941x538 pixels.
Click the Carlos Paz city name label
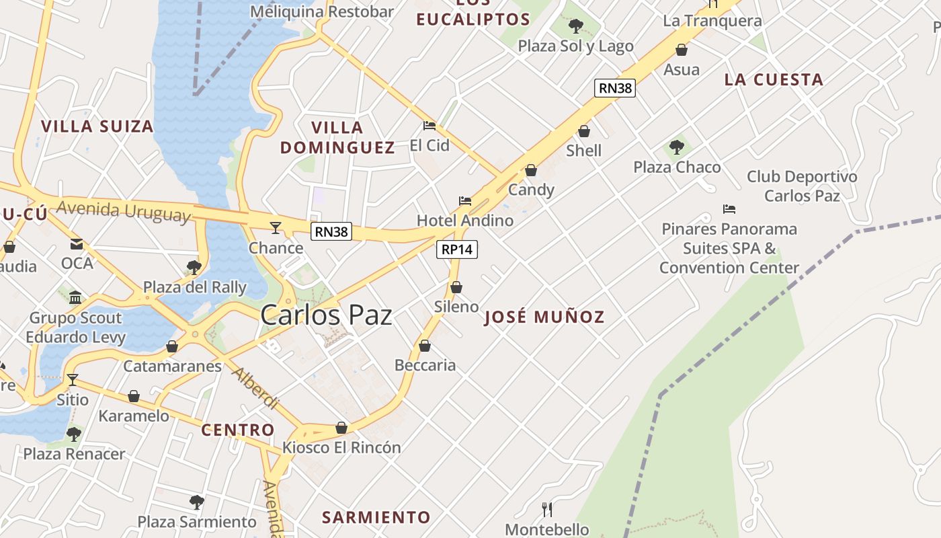point(326,315)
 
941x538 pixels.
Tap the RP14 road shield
point(457,249)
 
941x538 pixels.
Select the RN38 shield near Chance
point(332,232)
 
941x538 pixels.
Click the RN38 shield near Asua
point(615,87)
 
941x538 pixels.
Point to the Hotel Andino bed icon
point(465,200)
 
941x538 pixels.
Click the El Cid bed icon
point(429,125)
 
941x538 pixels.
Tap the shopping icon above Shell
point(584,131)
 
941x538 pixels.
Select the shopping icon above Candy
point(531,171)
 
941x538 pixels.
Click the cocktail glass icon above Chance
point(276,228)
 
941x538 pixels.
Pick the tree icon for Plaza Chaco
point(677,147)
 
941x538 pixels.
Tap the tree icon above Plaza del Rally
point(194,267)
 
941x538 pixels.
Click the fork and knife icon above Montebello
point(547,509)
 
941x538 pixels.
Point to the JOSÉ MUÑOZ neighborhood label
point(544,317)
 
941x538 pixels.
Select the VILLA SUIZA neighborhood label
point(97,126)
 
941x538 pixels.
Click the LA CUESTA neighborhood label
point(774,79)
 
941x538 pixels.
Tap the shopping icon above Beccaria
point(425,346)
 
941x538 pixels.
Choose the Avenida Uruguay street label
point(124,211)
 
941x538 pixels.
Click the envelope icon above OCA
point(77,243)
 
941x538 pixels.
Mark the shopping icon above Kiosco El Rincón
point(341,428)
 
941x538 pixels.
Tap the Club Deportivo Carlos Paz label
point(802,186)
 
